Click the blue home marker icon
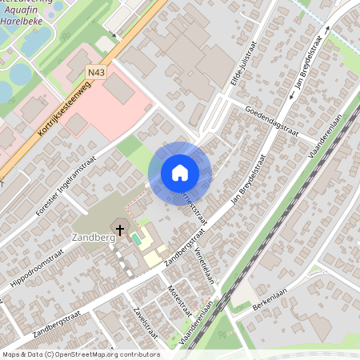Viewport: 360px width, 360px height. [x=179, y=173]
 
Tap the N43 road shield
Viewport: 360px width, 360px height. [x=97, y=73]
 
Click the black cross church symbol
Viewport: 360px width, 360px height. [x=120, y=230]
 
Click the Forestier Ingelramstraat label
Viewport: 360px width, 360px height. [x=70, y=187]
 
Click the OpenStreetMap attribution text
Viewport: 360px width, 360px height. [x=80, y=354]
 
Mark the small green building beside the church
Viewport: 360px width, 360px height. [x=136, y=238]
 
